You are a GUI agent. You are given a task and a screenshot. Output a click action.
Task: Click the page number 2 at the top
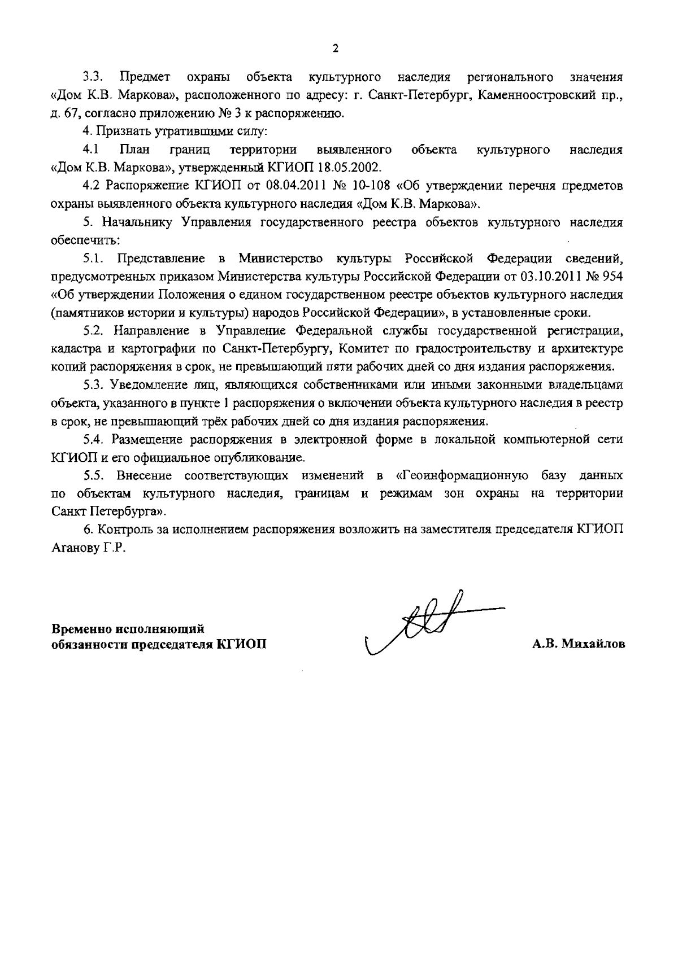336,49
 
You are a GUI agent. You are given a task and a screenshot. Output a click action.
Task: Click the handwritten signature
429,626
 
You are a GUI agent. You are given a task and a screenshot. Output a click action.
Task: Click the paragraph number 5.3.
94,386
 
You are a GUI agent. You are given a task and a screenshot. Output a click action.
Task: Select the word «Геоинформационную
463,475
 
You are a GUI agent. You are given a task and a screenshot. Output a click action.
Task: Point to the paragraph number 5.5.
94,475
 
